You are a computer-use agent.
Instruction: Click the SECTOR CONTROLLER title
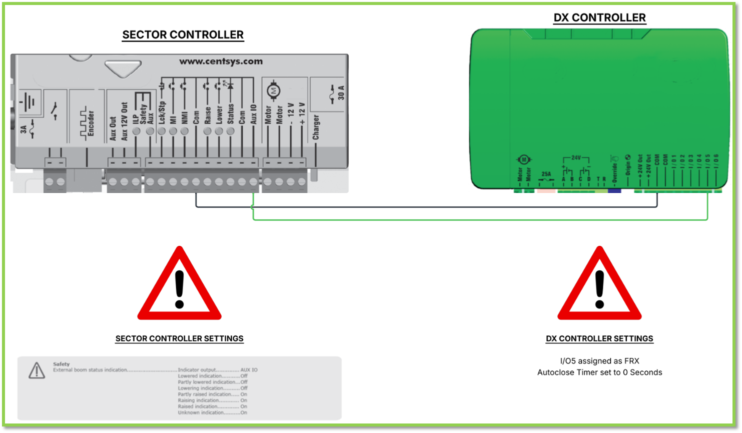click(183, 35)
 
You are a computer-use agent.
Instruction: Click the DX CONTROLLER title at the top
click(599, 18)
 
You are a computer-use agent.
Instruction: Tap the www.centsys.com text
click(221, 62)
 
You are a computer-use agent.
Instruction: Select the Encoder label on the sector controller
click(91, 123)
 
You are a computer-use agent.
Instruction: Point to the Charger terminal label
click(316, 127)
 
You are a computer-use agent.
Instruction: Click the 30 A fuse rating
click(341, 93)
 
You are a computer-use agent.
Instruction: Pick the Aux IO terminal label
click(254, 114)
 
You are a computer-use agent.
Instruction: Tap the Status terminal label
click(231, 114)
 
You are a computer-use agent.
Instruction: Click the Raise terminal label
click(208, 115)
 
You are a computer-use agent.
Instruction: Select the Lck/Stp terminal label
click(162, 113)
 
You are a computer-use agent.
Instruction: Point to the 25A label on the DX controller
click(546, 174)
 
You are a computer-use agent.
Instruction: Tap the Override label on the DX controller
click(614, 171)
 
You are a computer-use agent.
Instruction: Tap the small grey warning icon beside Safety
click(37, 370)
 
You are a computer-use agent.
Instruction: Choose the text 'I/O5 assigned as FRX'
click(599, 361)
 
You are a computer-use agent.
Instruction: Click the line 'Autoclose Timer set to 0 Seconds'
click(599, 372)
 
